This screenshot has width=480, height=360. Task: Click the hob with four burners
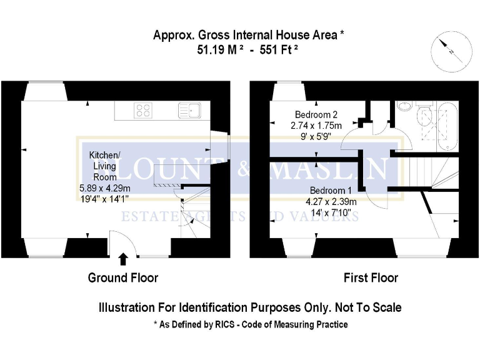pos(143,111)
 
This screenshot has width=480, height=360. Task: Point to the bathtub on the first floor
pos(447,126)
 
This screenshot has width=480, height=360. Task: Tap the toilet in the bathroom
pos(425,115)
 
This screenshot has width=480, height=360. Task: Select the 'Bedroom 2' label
pos(316,114)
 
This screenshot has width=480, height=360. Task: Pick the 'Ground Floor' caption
pos(122,277)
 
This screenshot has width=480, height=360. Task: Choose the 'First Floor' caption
pos(371,277)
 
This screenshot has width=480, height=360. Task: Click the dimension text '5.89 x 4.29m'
pos(105,188)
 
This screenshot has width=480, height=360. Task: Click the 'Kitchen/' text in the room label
pos(104,154)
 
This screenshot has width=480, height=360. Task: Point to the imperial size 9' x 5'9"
pos(316,136)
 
